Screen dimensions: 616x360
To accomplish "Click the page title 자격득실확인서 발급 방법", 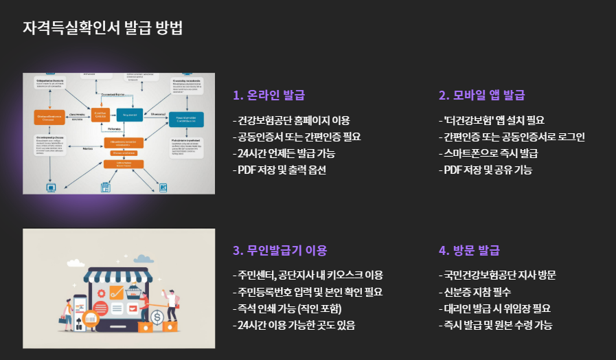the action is pos(102,28).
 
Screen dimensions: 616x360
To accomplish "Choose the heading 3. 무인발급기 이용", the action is pos(280,251).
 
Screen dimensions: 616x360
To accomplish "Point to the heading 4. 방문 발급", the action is pos(469,251).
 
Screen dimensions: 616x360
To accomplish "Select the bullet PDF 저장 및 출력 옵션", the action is pos(280,170).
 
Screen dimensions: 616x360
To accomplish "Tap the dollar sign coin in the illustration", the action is pos(157,317).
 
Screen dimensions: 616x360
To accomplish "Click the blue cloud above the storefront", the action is pos(143,259).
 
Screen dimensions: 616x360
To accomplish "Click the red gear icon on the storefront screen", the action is pos(101,307).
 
